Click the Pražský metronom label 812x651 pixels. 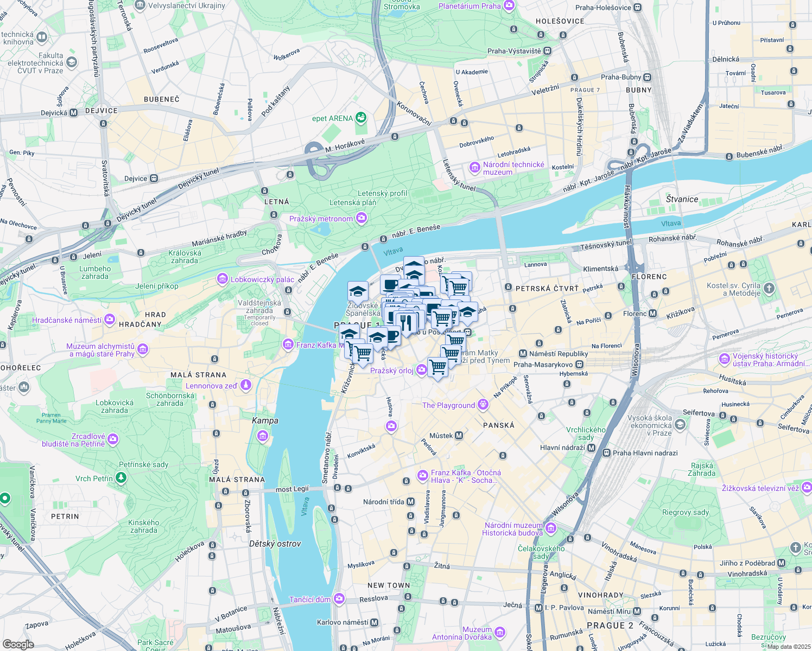click(321, 219)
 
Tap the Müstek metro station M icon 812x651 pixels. click(459, 436)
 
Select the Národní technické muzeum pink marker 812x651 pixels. click(475, 168)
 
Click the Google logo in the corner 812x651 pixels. click(18, 644)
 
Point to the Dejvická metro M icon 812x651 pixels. click(74, 113)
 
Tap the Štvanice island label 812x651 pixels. click(682, 199)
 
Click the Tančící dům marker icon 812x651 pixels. click(339, 599)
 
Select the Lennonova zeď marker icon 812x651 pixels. click(246, 385)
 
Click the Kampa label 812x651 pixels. click(265, 420)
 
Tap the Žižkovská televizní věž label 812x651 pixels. click(760, 488)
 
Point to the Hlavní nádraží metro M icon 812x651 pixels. click(592, 448)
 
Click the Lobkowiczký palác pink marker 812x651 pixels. click(222, 279)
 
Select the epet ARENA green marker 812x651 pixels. click(361, 118)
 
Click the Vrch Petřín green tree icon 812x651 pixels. click(121, 478)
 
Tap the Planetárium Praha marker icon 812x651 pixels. click(509, 6)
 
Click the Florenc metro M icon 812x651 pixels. click(653, 314)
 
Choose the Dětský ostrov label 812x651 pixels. click(275, 544)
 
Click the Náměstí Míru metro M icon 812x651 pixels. click(637, 611)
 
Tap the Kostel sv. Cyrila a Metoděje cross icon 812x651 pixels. click(769, 289)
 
